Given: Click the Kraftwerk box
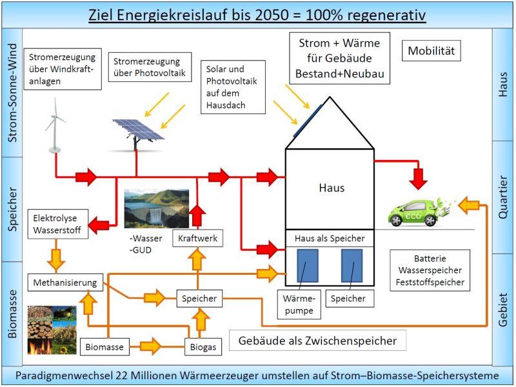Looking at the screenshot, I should tap(198, 239).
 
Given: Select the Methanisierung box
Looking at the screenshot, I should tap(64, 283).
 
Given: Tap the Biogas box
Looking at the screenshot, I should tap(203, 346).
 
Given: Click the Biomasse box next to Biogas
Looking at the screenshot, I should tap(104, 346).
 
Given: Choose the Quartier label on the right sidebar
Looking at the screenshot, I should tap(504, 197).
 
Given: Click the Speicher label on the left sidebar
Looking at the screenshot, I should tap(12, 209).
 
